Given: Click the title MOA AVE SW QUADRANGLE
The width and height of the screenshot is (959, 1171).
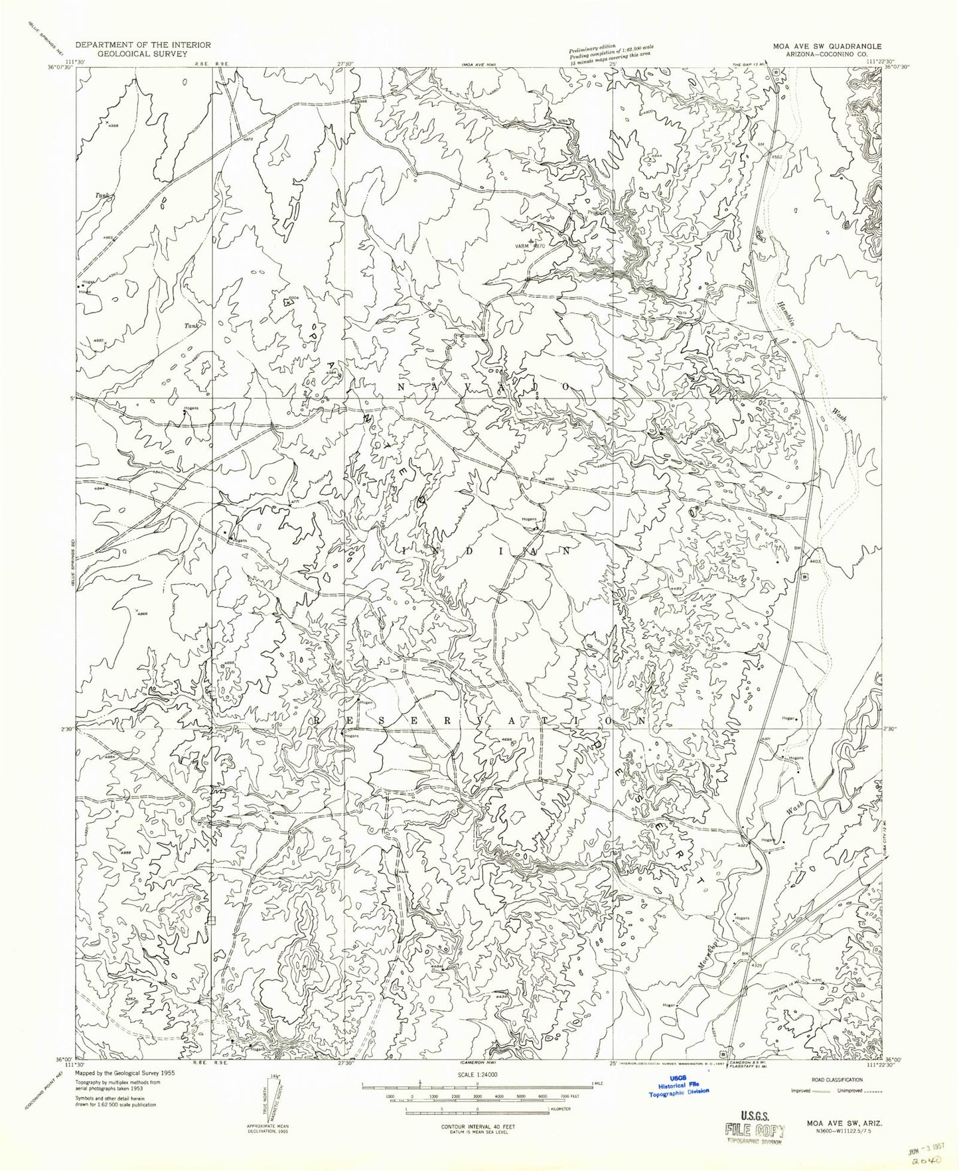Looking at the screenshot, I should click(825, 45).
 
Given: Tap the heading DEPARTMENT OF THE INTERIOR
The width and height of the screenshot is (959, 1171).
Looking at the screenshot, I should click(143, 44).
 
